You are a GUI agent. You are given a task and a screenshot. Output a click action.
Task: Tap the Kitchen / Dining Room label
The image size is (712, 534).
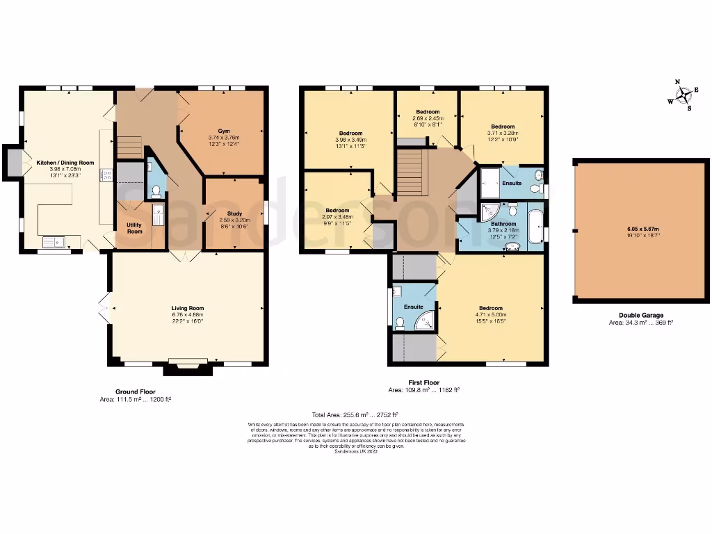(65, 163)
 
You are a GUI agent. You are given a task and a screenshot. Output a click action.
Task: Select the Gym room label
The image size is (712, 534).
(223, 131)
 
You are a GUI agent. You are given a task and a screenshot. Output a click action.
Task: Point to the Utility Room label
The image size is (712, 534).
(134, 228)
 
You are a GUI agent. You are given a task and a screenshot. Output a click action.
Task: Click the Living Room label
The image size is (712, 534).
(188, 308)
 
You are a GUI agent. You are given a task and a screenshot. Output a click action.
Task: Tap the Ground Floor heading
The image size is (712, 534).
(136, 391)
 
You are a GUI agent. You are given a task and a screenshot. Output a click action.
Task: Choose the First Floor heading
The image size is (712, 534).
(423, 382)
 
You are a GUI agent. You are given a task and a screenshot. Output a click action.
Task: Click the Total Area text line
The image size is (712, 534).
(355, 414)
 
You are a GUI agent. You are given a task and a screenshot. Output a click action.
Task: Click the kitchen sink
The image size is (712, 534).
(52, 242)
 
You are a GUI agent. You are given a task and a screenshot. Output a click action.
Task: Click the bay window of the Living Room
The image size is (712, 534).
(188, 366)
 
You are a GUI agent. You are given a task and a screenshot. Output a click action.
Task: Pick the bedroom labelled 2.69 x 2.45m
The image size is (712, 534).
(428, 112)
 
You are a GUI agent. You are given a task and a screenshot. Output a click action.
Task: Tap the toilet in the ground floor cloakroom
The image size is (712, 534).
(155, 188)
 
